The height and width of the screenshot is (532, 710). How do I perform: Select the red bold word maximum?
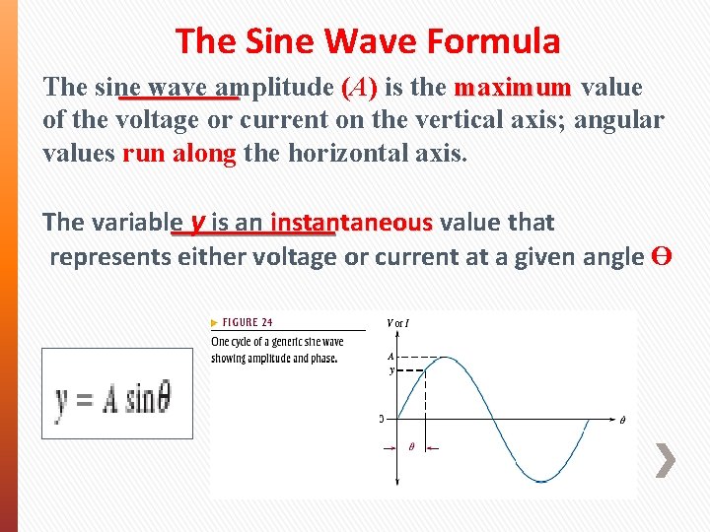pos(512,87)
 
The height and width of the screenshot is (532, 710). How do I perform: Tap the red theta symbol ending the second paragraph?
pos(663,256)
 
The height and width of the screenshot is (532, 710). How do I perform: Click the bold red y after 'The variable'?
pos(198,221)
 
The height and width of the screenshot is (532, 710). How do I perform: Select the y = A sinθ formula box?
pos(117,393)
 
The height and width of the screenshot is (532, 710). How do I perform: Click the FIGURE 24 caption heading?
pos(246,322)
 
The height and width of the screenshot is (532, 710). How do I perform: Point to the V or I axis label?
pos(398,321)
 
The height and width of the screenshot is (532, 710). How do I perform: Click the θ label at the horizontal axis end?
pos(621,420)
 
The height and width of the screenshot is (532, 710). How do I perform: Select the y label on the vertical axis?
pos(390,370)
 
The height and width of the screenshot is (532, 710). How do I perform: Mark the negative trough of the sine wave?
pos(540,481)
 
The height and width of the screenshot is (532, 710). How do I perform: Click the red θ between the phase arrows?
pos(411,446)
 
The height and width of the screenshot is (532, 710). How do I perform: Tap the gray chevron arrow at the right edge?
pos(666,460)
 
